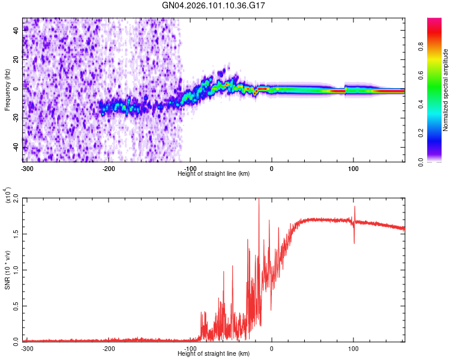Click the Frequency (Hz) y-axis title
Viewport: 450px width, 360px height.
[x=7, y=89]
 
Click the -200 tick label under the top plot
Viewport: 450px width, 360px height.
[x=109, y=168]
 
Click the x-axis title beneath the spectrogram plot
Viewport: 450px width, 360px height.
[x=214, y=173]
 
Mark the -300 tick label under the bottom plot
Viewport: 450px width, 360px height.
[x=26, y=348]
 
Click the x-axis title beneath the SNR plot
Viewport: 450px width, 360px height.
[x=214, y=353]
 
